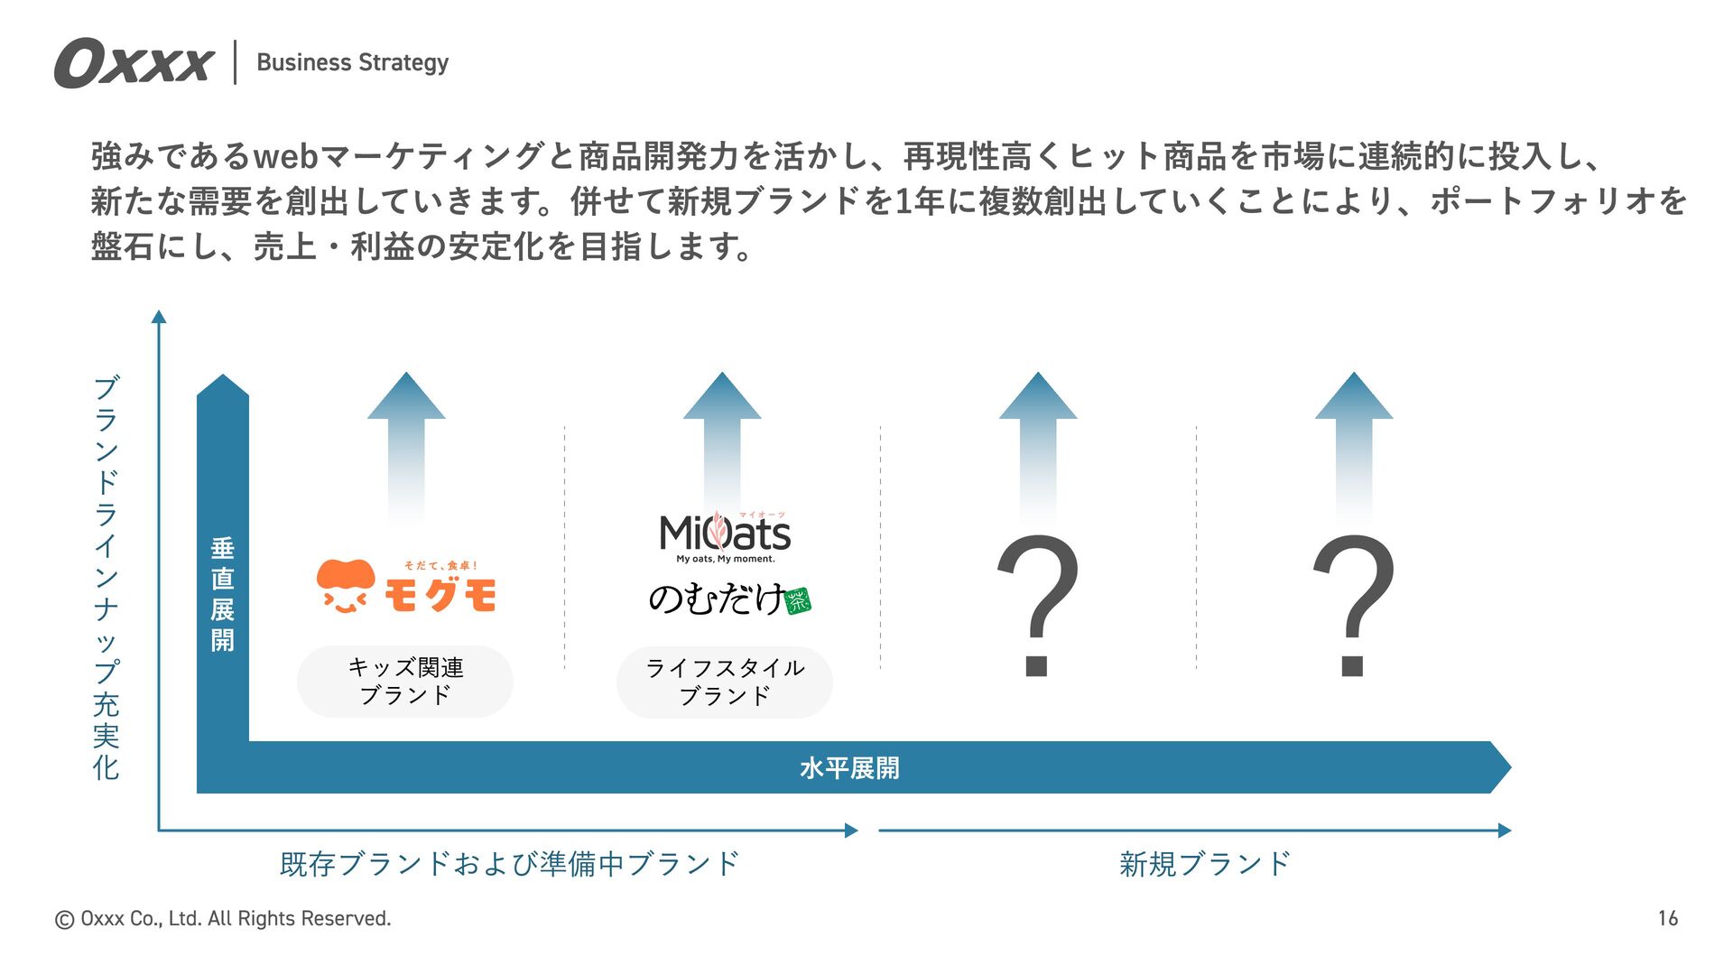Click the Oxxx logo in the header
[134, 63]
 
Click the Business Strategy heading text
[352, 62]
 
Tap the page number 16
[1667, 918]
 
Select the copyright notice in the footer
[223, 919]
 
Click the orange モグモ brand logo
[406, 587]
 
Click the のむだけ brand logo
[718, 599]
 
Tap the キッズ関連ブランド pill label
[405, 682]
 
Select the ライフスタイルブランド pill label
[725, 682]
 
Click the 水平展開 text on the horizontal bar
[849, 768]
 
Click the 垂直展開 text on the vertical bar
[223, 594]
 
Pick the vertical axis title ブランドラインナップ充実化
[107, 578]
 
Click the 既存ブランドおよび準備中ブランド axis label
[510, 864]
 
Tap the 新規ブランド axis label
[1205, 864]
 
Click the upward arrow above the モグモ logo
[406, 442]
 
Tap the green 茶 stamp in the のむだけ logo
[799, 601]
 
